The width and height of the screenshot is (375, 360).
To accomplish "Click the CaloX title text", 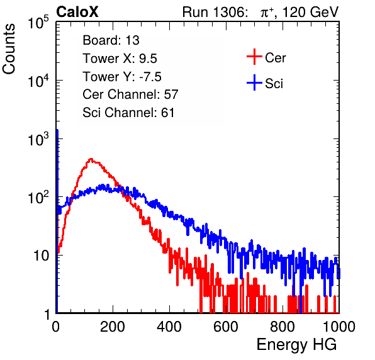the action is click(x=77, y=12).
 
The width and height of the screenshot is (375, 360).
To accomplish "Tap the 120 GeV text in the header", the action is click(x=310, y=12).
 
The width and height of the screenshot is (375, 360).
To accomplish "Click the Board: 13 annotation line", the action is click(x=111, y=40).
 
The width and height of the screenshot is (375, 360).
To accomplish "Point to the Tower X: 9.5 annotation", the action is click(x=120, y=59).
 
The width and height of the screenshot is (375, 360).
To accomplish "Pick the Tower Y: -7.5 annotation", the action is click(x=122, y=77).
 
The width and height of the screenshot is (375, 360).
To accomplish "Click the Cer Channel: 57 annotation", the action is click(x=130, y=94).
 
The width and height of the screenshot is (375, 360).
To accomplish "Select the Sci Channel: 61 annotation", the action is click(x=128, y=113).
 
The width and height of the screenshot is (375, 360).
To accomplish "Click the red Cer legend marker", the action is click(x=254, y=57).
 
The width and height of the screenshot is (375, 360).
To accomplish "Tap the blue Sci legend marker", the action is click(x=254, y=83).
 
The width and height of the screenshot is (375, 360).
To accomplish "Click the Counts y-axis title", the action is click(x=9, y=49).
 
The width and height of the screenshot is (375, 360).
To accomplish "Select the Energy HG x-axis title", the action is click(x=296, y=345).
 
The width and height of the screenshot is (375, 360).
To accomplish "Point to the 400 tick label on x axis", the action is click(x=169, y=327).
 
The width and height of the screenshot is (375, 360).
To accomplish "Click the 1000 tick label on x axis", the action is click(x=339, y=327).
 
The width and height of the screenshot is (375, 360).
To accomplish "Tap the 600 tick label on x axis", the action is click(x=226, y=327).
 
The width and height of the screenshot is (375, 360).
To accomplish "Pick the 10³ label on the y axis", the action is click(x=38, y=139).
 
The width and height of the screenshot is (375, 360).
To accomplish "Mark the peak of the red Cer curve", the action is click(x=91, y=159).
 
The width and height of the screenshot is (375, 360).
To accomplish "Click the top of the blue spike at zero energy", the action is click(x=57, y=130).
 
